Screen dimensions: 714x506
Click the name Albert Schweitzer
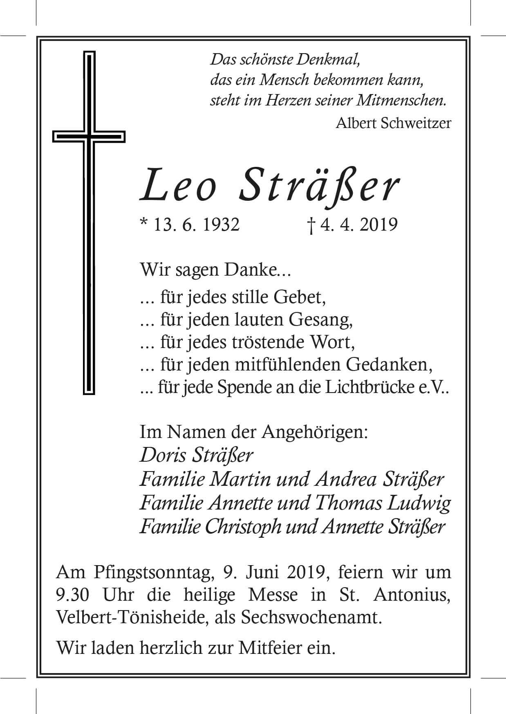point(393,123)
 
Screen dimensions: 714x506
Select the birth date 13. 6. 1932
point(196,225)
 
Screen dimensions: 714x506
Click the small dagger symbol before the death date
point(311,226)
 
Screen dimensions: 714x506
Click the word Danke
point(264,271)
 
